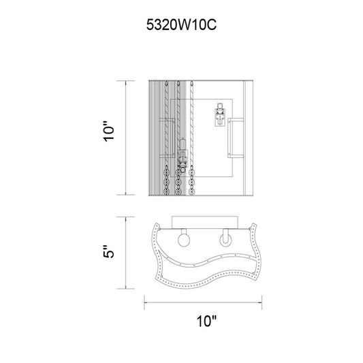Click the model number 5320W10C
coord(181,25)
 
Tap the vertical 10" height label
coord(109,131)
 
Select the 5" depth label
coord(109,251)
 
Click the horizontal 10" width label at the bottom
coord(206,321)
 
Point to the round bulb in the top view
coord(184,240)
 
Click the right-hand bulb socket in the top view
coord(225,238)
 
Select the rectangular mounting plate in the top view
coord(204,223)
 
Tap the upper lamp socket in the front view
coord(219,114)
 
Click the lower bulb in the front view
coord(183,144)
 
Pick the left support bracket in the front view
coord(167,138)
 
